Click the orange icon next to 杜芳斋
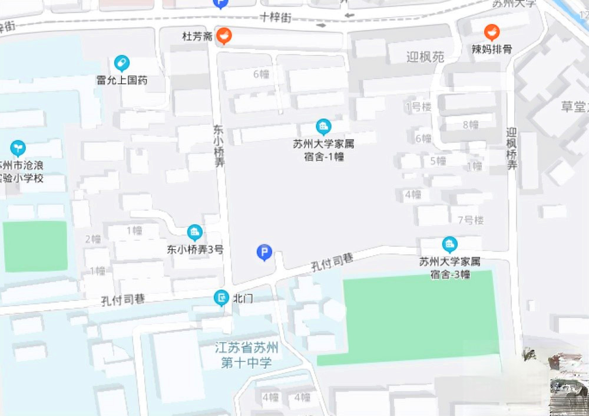pos(223,35)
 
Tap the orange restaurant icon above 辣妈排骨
pos(491,32)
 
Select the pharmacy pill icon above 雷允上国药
pos(122,63)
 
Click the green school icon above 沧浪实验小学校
pos(18,148)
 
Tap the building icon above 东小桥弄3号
pos(194,232)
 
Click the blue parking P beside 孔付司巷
pos(264,253)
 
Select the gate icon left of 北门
pos(221,299)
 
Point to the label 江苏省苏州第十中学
pos(246,355)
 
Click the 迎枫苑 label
pos(425,57)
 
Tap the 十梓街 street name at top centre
pos(276,18)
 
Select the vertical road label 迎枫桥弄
pos(512,149)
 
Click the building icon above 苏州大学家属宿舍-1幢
pos(323,127)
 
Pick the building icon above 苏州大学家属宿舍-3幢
pos(449,244)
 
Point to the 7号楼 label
pos(471,220)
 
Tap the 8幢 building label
pos(471,125)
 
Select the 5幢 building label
pos(438,160)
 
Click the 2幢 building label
pos(93,239)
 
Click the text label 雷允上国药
pos(122,80)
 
